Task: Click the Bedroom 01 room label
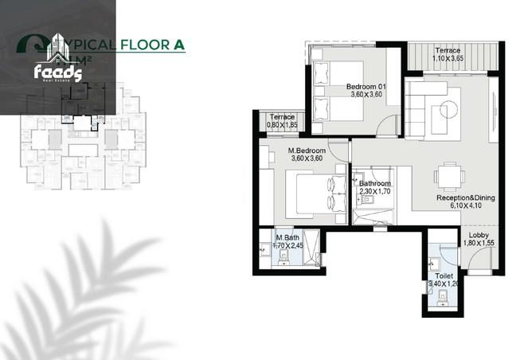(x=366, y=87)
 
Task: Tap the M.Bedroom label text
(x=306, y=150)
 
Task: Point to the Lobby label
(x=478, y=235)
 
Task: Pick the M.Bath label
(x=287, y=237)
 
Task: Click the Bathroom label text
(x=374, y=183)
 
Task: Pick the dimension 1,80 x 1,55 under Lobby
(x=478, y=243)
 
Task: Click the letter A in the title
(x=178, y=45)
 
